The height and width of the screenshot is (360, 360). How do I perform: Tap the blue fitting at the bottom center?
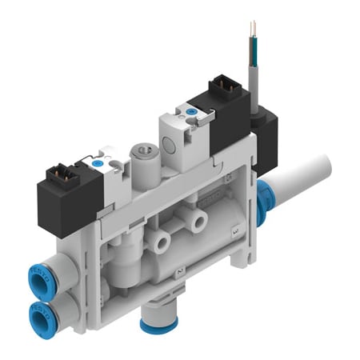pos(154,322)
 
